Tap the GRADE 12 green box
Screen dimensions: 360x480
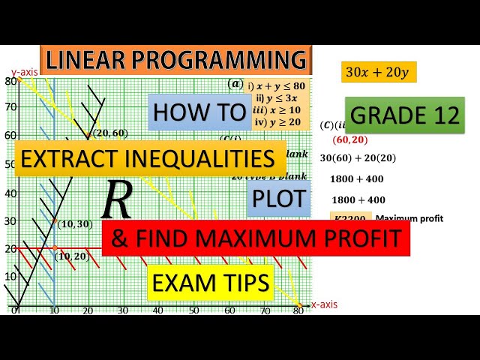[x=405, y=115]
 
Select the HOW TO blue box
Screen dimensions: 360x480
[x=199, y=112]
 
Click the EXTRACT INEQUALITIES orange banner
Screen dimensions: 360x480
[x=150, y=158]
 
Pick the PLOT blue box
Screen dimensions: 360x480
[x=279, y=199]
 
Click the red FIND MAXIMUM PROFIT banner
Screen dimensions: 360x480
[x=256, y=238]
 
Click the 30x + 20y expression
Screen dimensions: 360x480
[x=379, y=72]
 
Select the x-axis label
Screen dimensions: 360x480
[x=324, y=304]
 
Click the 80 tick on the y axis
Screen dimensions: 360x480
[x=10, y=81]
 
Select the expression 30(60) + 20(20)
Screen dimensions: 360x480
[x=358, y=158]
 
